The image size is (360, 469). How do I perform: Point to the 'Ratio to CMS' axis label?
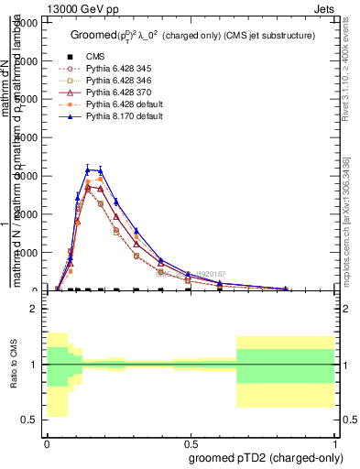pyautogui.click(x=12, y=364)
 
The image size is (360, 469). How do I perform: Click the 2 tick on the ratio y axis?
pyautogui.click(x=34, y=309)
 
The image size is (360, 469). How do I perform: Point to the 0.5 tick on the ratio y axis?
pyautogui.click(x=30, y=420)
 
